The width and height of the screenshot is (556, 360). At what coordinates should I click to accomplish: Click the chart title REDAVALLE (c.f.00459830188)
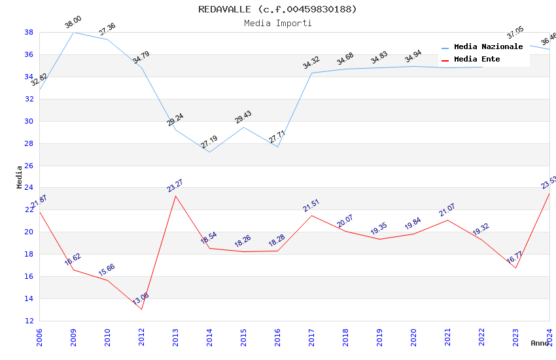278,9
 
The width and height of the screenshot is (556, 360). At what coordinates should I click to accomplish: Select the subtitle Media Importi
278,23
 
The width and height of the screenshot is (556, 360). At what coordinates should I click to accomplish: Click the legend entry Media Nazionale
488,47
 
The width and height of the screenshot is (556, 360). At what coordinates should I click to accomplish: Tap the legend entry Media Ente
477,60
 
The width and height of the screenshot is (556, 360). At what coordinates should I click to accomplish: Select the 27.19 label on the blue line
209,142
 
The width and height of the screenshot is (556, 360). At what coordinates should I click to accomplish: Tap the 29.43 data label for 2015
243,117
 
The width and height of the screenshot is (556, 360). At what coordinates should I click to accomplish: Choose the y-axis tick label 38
29,32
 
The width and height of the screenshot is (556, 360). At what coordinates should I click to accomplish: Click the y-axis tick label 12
29,321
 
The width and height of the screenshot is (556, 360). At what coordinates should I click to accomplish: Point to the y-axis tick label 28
29,143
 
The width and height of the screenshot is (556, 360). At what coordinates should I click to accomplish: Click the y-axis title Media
19,177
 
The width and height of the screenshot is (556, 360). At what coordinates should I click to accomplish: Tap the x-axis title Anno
540,343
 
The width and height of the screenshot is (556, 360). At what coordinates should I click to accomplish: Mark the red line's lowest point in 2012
141,309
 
